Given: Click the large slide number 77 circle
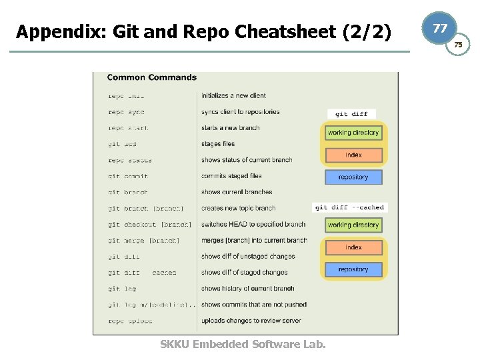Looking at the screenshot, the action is click(x=440, y=29).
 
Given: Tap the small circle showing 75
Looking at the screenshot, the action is click(x=458, y=45).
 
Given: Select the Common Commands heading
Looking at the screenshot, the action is click(x=151, y=77).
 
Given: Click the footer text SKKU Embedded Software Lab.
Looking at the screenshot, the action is click(x=243, y=344).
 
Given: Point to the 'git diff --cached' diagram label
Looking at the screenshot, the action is click(x=350, y=207).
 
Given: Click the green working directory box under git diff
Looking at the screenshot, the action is click(x=353, y=133).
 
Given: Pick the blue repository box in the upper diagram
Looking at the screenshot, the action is click(x=353, y=177).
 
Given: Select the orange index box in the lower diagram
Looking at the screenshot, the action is click(x=353, y=247).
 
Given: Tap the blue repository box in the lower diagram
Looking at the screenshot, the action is click(x=353, y=269).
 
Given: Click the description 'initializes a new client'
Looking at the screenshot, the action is click(x=233, y=96).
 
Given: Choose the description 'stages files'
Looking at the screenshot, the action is click(x=218, y=144).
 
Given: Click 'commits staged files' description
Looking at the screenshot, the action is click(x=231, y=176).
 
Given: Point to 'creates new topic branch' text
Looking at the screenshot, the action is click(x=238, y=208).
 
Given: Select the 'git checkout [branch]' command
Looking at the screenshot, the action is click(x=149, y=225).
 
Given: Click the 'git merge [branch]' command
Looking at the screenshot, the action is click(x=143, y=241).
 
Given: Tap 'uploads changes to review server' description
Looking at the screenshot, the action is click(x=251, y=321).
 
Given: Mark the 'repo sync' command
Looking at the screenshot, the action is click(x=126, y=112).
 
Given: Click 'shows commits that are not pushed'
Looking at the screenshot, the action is click(x=253, y=305).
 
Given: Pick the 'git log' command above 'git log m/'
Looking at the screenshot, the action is click(x=121, y=289).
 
